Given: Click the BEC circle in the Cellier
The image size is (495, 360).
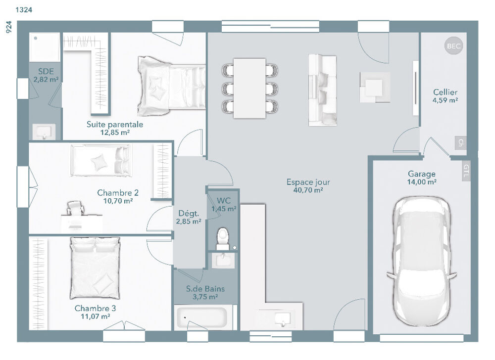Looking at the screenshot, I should [453, 46].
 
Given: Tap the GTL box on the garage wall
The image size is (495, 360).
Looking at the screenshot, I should [466, 171].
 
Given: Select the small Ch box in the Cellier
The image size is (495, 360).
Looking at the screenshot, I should [461, 142].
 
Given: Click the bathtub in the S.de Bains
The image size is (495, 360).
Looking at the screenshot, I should [203, 317].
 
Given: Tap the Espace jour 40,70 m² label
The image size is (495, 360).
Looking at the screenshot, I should [308, 186].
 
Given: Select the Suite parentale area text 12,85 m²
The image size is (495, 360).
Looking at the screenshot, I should [115, 133].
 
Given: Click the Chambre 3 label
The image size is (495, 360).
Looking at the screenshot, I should [95, 309].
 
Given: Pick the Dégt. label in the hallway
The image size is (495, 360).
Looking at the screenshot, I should [188, 214].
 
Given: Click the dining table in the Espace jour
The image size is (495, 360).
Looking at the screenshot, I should [249, 88].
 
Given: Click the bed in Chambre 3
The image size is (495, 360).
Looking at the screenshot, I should [95, 268].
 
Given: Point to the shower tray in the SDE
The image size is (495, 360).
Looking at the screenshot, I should [45, 47].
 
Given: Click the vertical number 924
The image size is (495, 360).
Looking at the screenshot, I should [8, 27].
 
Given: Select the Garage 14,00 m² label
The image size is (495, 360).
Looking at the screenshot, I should [422, 178].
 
